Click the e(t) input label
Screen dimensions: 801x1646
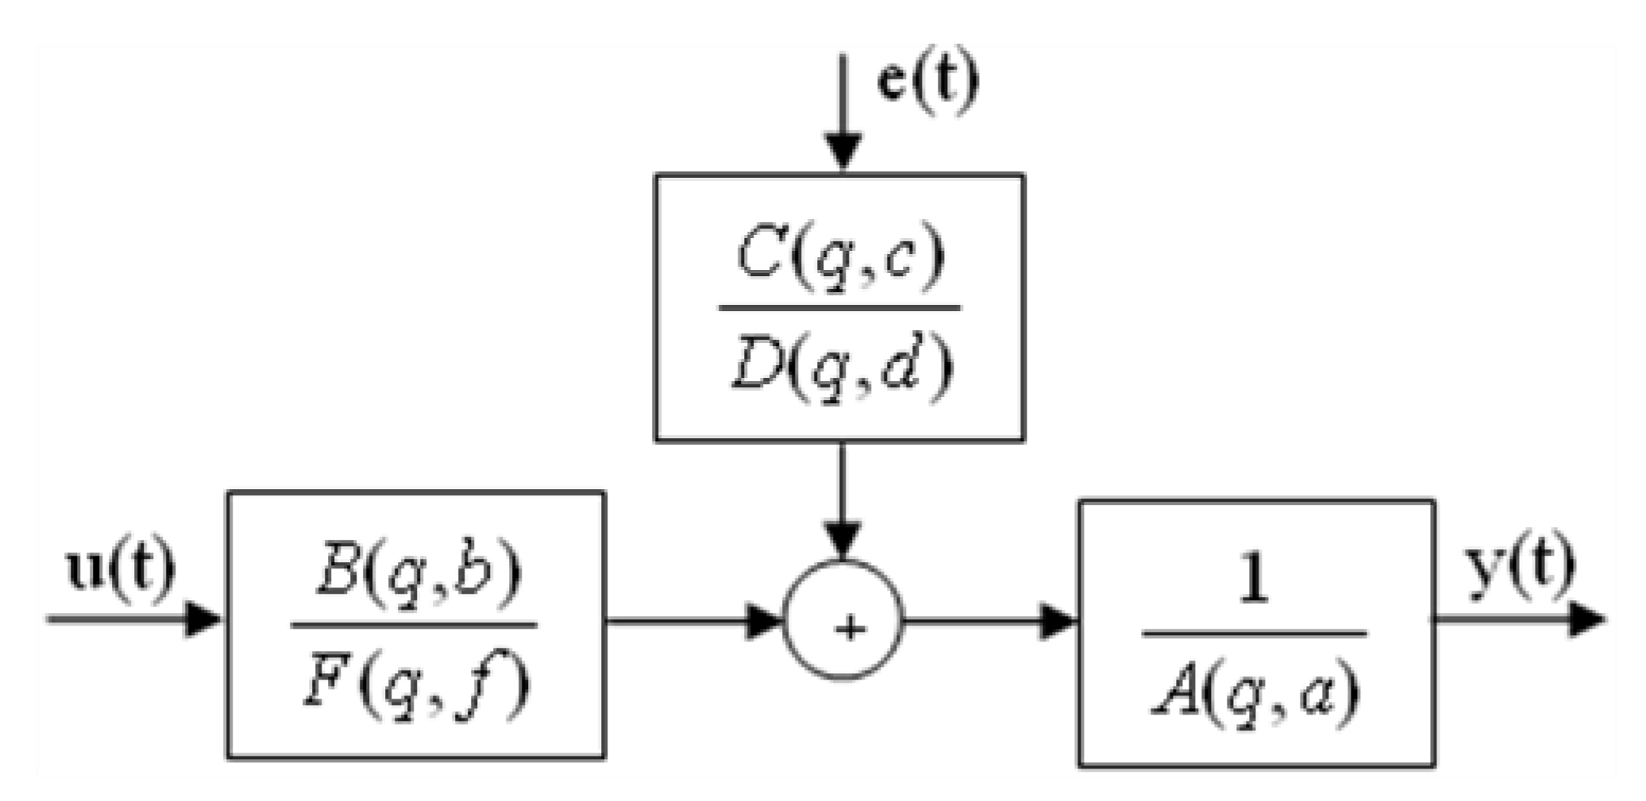click(927, 82)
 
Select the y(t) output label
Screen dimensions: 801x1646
click(1519, 565)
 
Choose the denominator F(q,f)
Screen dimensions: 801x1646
click(416, 684)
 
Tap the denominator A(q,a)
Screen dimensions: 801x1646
click(1255, 691)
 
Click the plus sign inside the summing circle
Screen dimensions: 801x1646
click(849, 629)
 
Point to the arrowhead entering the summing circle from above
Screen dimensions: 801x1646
click(842, 539)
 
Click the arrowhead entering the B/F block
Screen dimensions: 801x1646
click(202, 618)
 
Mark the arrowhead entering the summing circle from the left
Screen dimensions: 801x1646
click(765, 620)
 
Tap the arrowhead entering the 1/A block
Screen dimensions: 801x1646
click(1058, 620)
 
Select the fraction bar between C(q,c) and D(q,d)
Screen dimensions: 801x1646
click(839, 308)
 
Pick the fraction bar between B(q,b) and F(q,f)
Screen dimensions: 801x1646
click(414, 626)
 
